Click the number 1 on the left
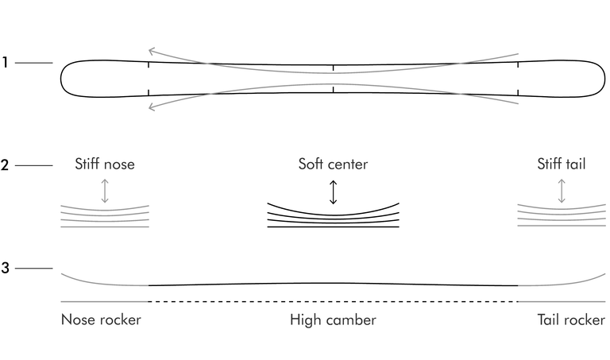pyautogui.click(x=5, y=62)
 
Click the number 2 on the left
pyautogui.click(x=5, y=165)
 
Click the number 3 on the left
pyautogui.click(x=5, y=268)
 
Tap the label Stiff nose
pyautogui.click(x=105, y=164)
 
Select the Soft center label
pyautogui.click(x=333, y=164)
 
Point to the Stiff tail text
pyautogui.click(x=561, y=164)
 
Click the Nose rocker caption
pyautogui.click(x=101, y=319)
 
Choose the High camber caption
pyautogui.click(x=333, y=320)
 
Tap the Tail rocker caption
pyautogui.click(x=571, y=319)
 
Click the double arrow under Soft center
pyautogui.click(x=333, y=192)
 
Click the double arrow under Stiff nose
pyautogui.click(x=105, y=191)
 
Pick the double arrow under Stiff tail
pyautogui.click(x=561, y=191)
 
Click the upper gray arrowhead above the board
pyautogui.click(x=152, y=51)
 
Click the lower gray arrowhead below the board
pyautogui.click(x=152, y=106)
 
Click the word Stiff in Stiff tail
pyautogui.click(x=550, y=164)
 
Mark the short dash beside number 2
pyautogui.click(x=34, y=165)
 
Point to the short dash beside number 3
pyautogui.click(x=34, y=268)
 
